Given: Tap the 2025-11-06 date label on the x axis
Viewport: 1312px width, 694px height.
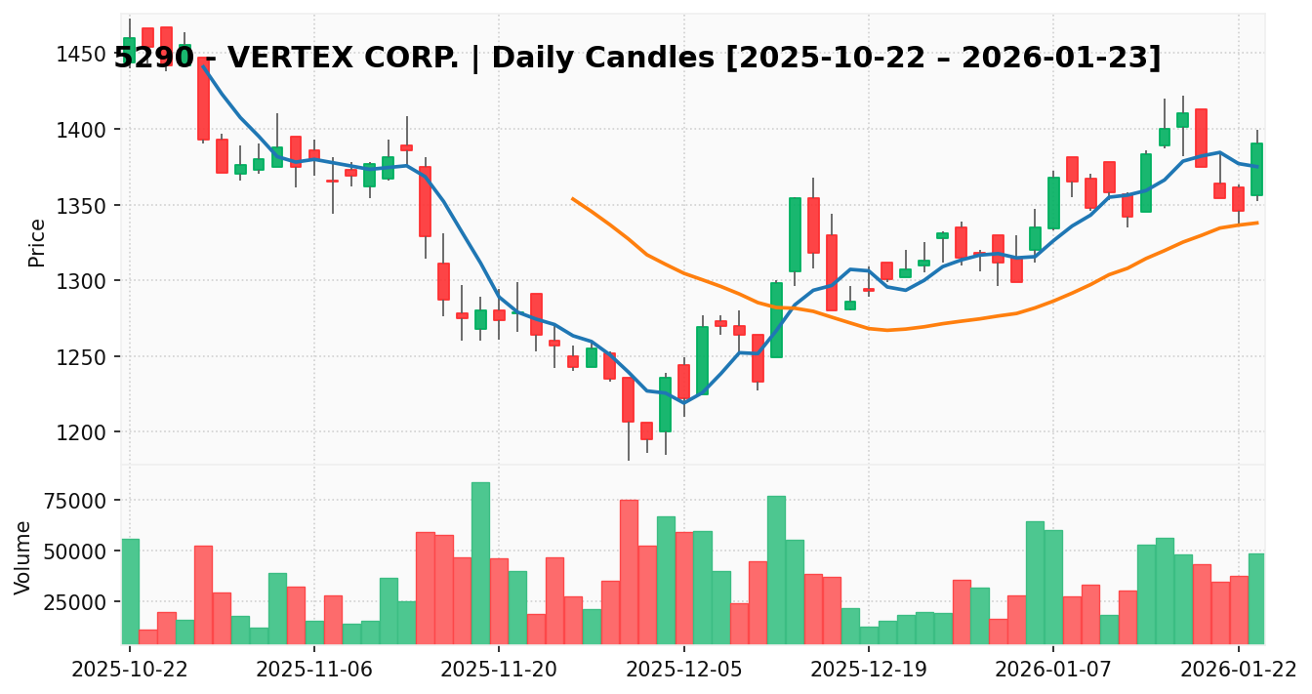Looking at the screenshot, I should pos(313,672).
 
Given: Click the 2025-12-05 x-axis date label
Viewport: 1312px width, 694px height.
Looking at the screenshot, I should pos(683,672).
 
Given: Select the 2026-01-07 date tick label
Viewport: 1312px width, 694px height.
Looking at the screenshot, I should pos(1053,672).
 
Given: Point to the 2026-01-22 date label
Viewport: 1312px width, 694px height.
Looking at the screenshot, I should pos(1238,672).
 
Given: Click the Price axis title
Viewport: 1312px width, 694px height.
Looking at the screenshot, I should pos(37,242).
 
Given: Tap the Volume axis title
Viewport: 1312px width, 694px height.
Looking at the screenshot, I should pos(23,556).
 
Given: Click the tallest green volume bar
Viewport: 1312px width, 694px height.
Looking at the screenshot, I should pos(480,562).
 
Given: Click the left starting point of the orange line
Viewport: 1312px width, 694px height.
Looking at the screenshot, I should pos(572,199).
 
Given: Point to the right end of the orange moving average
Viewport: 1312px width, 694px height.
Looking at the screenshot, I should pos(1257,223).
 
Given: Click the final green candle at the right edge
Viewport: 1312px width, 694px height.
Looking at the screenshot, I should pos(1256,169).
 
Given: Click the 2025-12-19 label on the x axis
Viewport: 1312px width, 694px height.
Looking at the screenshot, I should pos(868,672).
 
